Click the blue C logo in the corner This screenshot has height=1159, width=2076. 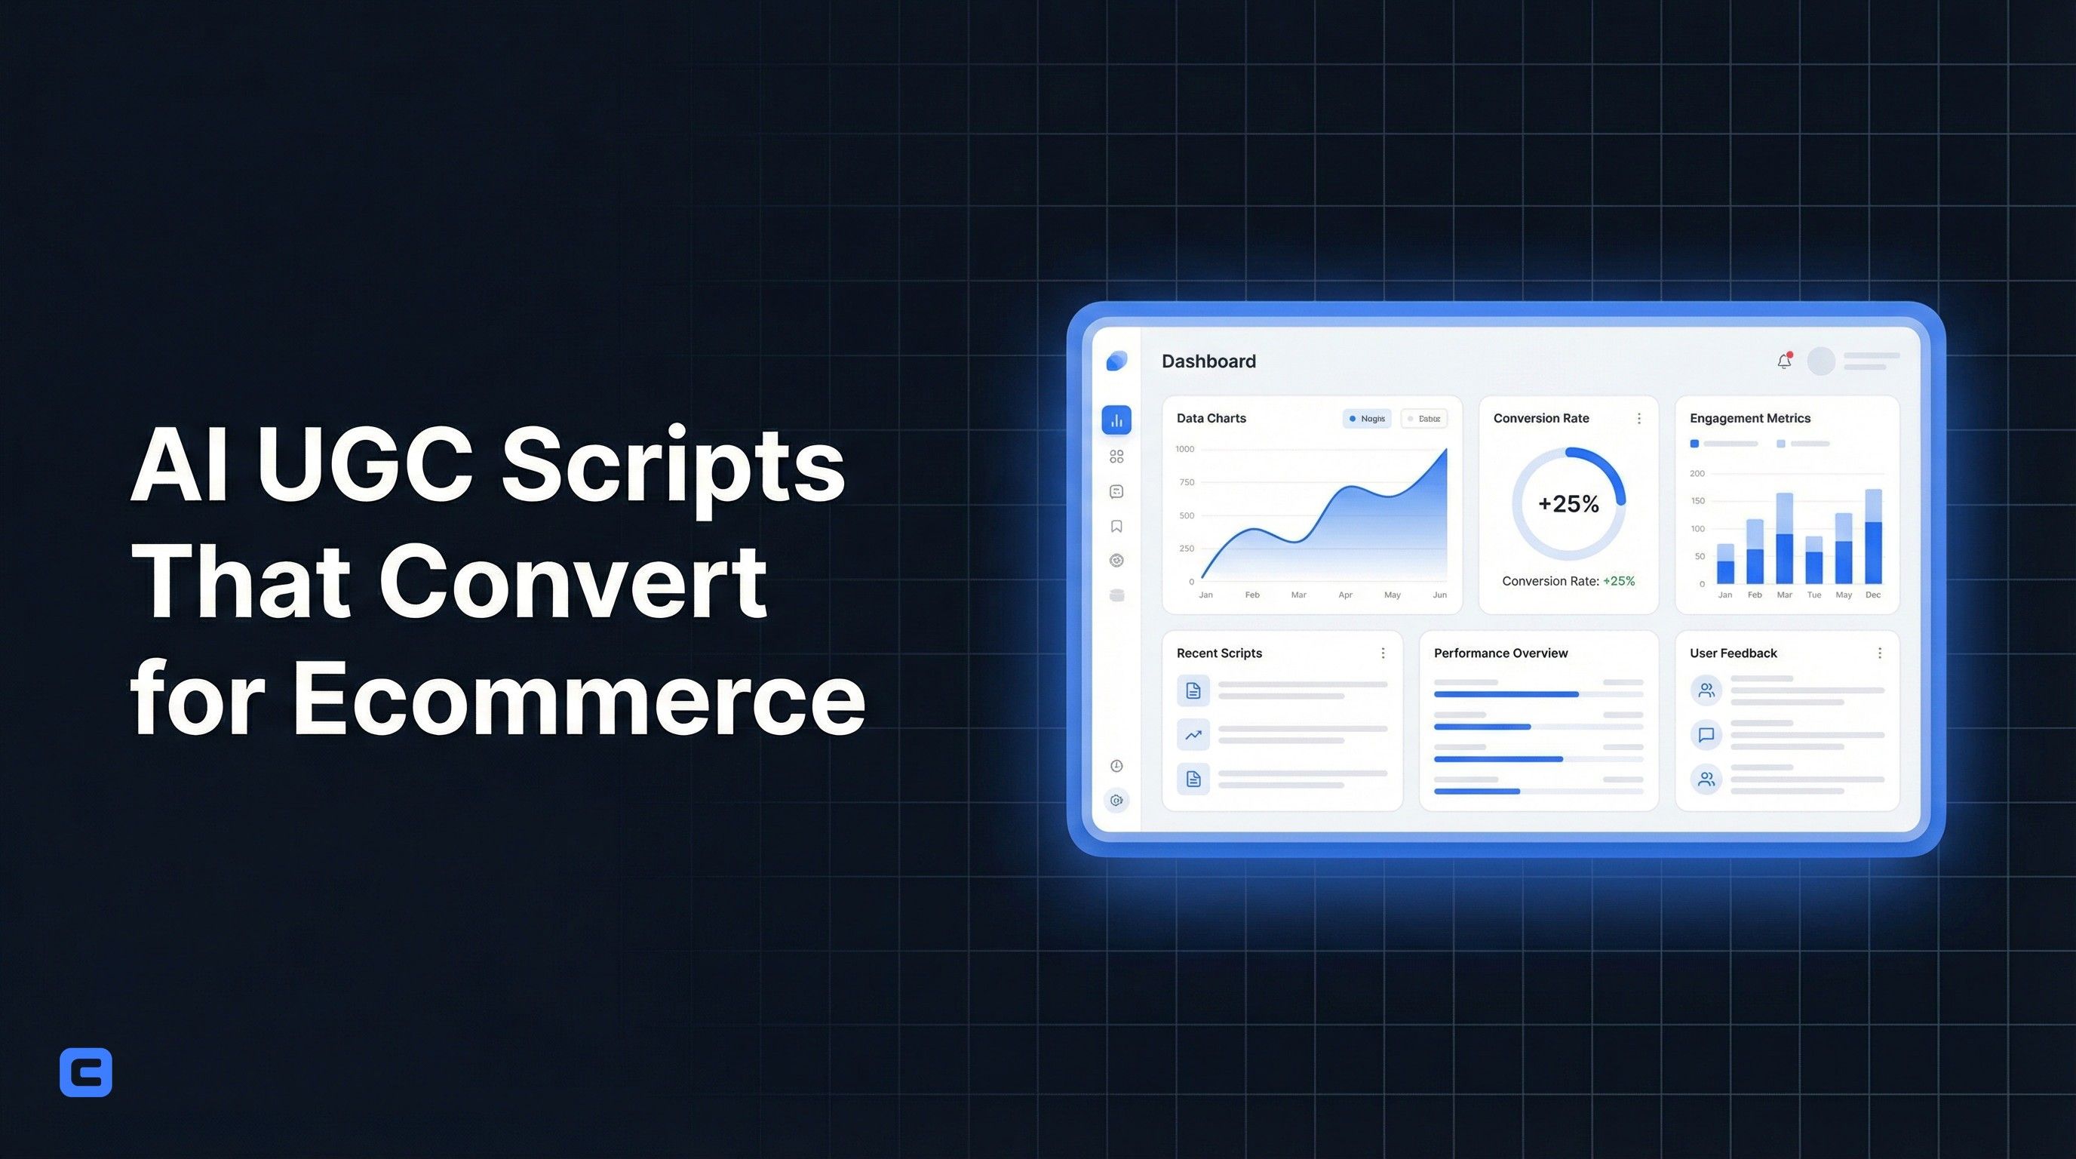(x=85, y=1072)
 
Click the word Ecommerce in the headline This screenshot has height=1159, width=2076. (x=578, y=698)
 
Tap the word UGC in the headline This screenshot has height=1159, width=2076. (x=364, y=466)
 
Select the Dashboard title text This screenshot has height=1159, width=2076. (x=1208, y=361)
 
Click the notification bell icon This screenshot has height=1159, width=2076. (x=1784, y=361)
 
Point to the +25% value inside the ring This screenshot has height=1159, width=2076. (x=1568, y=504)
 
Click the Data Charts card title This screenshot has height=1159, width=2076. (x=1211, y=418)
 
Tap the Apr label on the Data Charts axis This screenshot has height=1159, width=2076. (x=1345, y=595)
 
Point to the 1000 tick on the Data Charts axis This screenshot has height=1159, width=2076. (x=1184, y=449)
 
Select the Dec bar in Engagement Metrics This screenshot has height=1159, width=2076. (x=1873, y=536)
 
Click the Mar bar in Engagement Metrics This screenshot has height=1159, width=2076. (x=1784, y=539)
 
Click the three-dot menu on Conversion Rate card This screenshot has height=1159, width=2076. (x=1638, y=418)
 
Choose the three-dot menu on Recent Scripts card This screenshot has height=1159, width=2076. (x=1383, y=653)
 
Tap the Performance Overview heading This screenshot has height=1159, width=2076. (x=1500, y=653)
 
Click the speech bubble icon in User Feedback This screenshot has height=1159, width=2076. (x=1706, y=735)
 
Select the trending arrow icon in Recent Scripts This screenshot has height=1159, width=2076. (x=1193, y=735)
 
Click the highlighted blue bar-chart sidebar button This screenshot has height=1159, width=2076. (x=1116, y=420)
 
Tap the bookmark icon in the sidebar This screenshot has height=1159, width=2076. (x=1116, y=527)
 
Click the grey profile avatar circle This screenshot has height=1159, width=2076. (x=1820, y=361)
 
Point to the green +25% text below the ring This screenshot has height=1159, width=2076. (x=1618, y=581)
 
